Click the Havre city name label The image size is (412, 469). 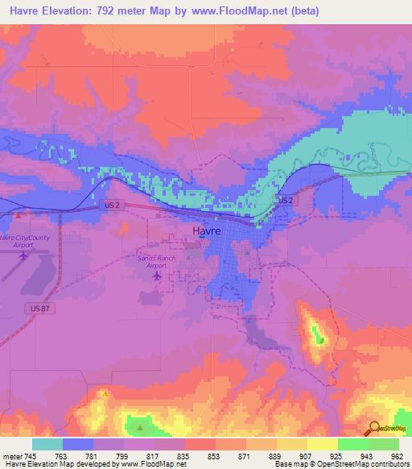[x=206, y=230]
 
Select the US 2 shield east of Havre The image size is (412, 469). [x=285, y=199]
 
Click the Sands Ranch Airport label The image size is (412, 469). [x=156, y=261]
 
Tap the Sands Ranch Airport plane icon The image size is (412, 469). [x=156, y=276]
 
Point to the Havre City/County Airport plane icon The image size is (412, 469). [x=23, y=255]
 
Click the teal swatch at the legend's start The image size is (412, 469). [x=47, y=444]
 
